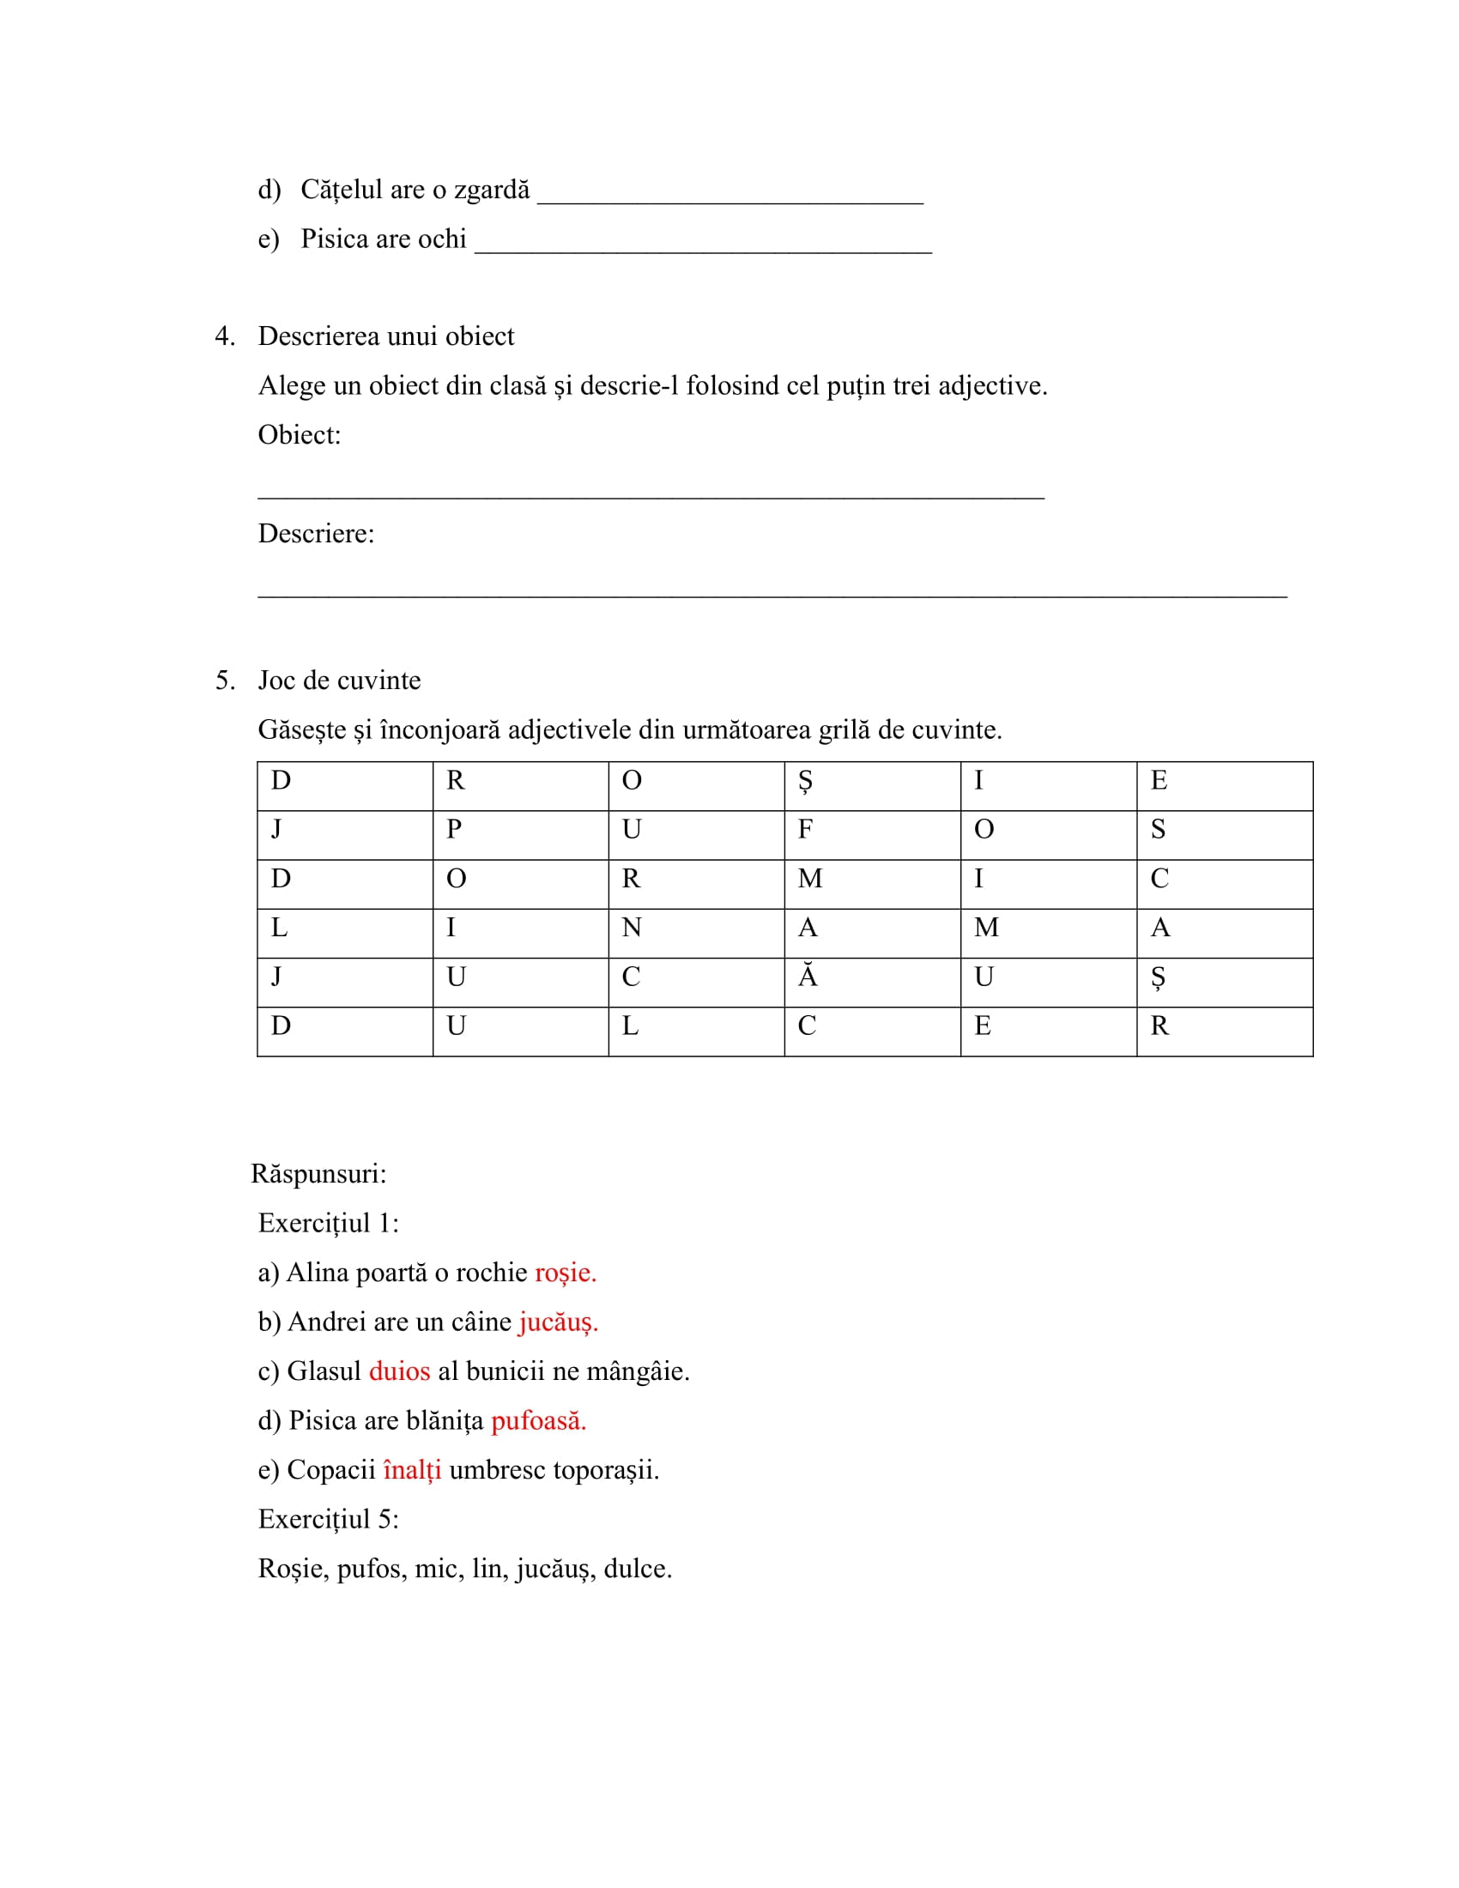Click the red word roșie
click(565, 1273)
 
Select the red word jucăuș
click(558, 1322)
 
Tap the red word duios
click(399, 1371)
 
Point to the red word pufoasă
click(537, 1420)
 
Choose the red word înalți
click(411, 1469)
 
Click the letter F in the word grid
click(805, 830)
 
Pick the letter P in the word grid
click(454, 830)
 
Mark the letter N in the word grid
click(631, 929)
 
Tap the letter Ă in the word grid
click(808, 977)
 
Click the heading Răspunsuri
click(318, 1174)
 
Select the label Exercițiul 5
click(329, 1519)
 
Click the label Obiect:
click(299, 435)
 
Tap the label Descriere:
click(316, 534)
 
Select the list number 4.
click(223, 336)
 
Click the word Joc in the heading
click(276, 681)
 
